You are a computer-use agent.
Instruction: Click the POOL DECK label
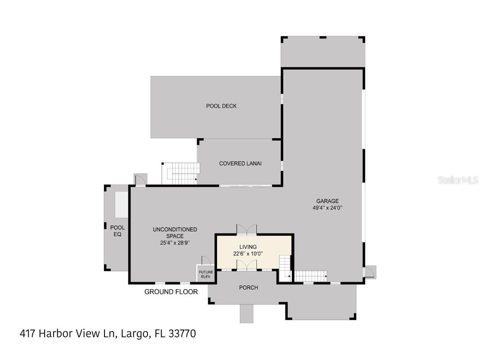[x=221, y=106]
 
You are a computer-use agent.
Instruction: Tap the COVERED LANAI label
[x=240, y=163]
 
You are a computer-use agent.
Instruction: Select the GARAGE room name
[x=327, y=201]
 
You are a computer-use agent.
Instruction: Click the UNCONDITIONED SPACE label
[x=174, y=232]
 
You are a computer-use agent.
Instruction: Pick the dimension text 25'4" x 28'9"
[x=175, y=243]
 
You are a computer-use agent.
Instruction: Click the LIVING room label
[x=248, y=247]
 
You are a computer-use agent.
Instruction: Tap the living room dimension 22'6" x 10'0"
[x=248, y=254]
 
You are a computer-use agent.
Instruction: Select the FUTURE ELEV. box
[x=205, y=274]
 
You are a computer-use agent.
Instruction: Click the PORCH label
[x=248, y=287]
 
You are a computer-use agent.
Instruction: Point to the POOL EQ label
[x=117, y=231]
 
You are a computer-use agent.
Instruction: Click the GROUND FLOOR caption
[x=171, y=292]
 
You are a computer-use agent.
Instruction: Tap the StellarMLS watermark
[x=458, y=180]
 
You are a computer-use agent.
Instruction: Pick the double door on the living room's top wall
[x=247, y=229]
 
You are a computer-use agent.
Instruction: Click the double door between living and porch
[x=247, y=265]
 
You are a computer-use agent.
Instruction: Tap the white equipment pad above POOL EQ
[x=121, y=205]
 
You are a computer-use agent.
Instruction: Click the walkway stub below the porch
[x=247, y=314]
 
